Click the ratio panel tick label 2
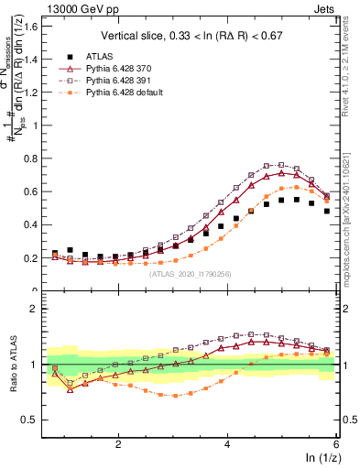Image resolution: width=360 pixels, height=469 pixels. pyautogui.click(x=33, y=309)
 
